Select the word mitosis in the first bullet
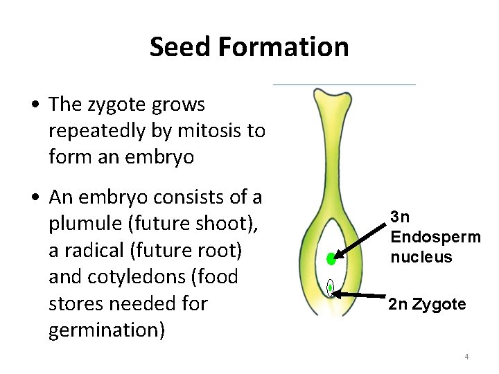point(203,131)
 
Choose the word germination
point(107,330)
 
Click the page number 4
point(466,357)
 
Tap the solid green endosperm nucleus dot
point(331,260)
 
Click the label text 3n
point(400,215)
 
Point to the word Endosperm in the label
point(435,237)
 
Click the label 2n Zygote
point(427,303)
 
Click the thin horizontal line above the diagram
point(344,84)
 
